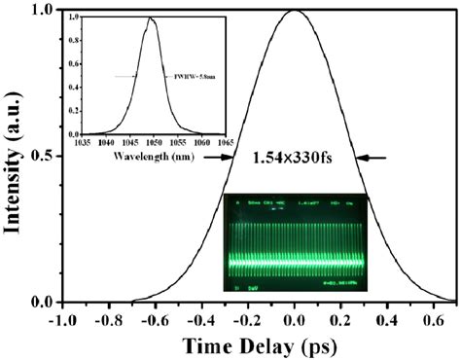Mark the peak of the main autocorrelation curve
coord(294,12)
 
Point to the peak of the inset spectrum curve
coord(150,18)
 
